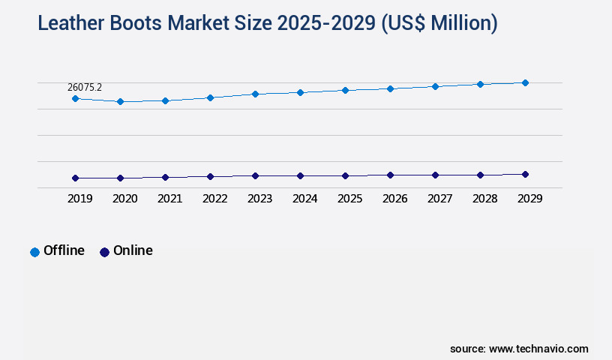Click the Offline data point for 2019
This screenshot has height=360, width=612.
point(75,98)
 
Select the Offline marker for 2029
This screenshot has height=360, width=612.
point(525,82)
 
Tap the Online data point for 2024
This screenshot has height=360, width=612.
point(300,175)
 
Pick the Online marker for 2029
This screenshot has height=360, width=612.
point(525,174)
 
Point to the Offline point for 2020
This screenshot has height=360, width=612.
point(120,101)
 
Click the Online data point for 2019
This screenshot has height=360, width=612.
point(75,178)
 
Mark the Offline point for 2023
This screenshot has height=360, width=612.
point(255,94)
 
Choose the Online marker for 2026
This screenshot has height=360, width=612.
point(390,175)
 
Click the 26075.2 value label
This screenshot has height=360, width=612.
point(85,87)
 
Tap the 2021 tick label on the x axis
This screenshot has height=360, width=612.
point(169,199)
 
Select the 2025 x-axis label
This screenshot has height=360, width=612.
point(349,199)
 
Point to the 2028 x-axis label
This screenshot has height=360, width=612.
point(484,199)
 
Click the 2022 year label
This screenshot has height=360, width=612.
point(214,199)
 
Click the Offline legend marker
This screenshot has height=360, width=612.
point(34,252)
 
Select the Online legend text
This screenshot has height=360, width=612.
point(133,250)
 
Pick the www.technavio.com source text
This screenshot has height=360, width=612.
point(538,349)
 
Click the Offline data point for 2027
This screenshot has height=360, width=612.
point(435,86)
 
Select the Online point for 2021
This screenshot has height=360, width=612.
point(165,177)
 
